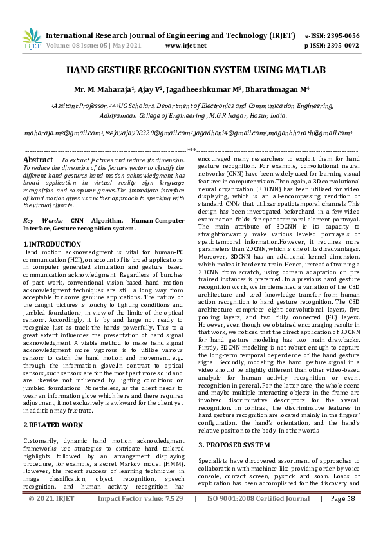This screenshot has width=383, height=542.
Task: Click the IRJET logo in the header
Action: [31, 39]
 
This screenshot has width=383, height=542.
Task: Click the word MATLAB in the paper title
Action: [304, 70]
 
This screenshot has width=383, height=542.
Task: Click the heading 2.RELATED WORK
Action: [53, 407]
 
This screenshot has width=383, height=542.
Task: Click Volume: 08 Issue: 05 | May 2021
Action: [93, 46]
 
